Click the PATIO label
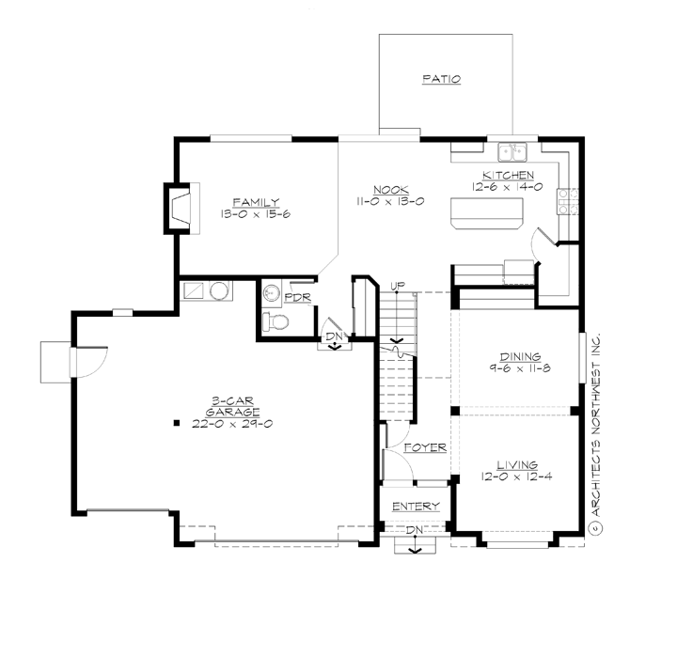(x=441, y=79)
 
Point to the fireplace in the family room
(x=181, y=208)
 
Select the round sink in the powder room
(x=271, y=293)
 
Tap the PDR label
(x=297, y=297)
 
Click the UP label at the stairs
(x=398, y=285)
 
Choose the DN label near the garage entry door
(x=333, y=335)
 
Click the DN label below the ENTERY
(x=413, y=531)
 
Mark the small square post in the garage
(x=176, y=424)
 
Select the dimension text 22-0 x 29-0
(x=233, y=424)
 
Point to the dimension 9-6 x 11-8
(x=519, y=368)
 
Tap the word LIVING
(x=518, y=464)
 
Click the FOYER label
(x=424, y=447)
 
